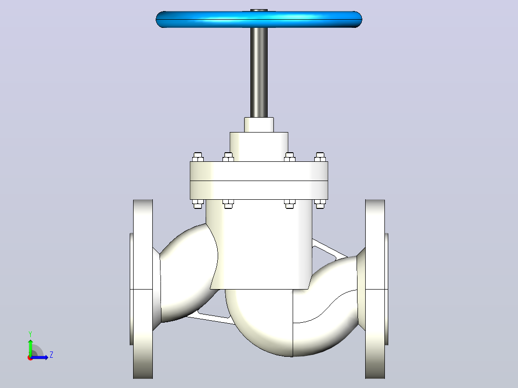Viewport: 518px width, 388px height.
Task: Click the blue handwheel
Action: point(259,20)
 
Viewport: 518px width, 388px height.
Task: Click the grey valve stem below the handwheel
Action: point(259,73)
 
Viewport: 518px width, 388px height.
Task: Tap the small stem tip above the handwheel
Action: point(259,10)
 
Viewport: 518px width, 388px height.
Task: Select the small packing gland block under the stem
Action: point(259,125)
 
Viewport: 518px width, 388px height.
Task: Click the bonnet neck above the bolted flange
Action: point(259,147)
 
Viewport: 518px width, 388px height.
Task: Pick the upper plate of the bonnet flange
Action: point(259,171)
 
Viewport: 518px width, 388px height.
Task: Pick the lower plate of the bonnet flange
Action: point(259,190)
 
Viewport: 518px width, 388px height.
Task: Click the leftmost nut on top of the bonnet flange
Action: point(197,157)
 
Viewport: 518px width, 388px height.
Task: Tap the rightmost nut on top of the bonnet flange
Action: point(320,157)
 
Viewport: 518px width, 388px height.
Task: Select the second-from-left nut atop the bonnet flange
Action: point(228,157)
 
